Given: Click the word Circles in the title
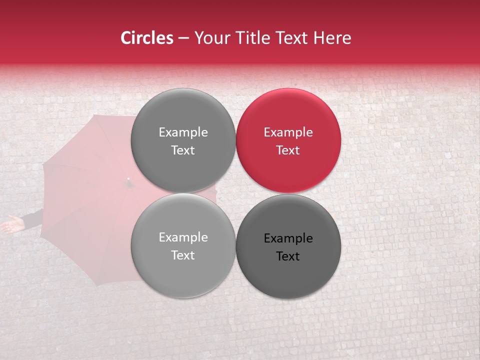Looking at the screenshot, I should tap(146, 38).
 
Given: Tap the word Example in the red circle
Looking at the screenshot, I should tap(288, 132).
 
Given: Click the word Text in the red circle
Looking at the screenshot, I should tap(288, 150).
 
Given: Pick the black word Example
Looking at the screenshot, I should tap(288, 238).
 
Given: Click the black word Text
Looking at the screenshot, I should tap(288, 256).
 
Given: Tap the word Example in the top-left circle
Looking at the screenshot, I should tap(183, 132).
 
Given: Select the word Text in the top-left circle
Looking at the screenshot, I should tap(183, 150).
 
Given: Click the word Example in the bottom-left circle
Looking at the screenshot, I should tap(183, 237).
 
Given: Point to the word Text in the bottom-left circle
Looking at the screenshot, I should tap(183, 255).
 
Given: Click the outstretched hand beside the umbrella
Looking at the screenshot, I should tap(12, 224).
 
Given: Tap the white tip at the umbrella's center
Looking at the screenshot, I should tap(128, 178).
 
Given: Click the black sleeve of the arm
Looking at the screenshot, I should tap(33, 218).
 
